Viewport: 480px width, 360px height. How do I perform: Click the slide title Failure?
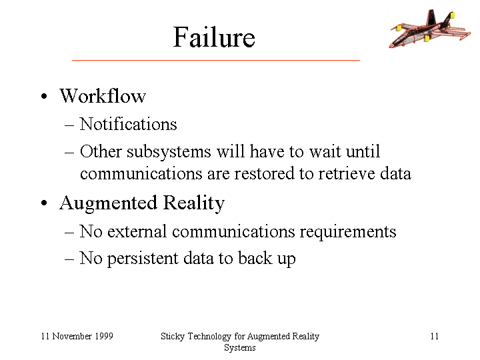tap(214, 37)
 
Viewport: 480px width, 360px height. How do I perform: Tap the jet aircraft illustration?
tap(429, 29)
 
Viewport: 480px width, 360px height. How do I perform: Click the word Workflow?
tap(103, 96)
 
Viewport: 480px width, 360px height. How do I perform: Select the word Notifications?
tap(128, 124)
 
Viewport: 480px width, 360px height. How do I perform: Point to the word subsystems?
tap(169, 152)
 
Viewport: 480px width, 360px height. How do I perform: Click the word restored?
tap(264, 173)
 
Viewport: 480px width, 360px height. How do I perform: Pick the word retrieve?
tap(345, 173)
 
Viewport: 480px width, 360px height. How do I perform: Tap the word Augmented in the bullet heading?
tap(109, 203)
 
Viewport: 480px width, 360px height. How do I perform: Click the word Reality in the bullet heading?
tap(194, 203)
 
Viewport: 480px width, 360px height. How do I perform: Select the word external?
tap(137, 231)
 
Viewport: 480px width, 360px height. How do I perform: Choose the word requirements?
tap(348, 232)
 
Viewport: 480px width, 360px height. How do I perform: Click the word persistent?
tap(143, 259)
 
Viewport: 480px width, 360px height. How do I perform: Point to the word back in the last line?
tap(255, 258)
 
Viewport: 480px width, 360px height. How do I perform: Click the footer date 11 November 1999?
tap(77, 336)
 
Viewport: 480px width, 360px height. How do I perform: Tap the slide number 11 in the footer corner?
tap(435, 336)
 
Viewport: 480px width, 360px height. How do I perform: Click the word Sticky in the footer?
tap(173, 337)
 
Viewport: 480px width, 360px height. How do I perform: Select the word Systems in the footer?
tap(240, 348)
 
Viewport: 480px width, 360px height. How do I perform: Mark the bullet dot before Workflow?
tap(44, 97)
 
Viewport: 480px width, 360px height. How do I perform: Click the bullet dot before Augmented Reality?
tap(44, 203)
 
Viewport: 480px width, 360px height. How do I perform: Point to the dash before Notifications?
tap(69, 125)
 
